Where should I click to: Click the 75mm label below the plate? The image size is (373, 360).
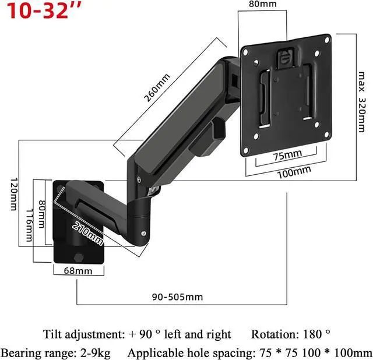click(x=287, y=154)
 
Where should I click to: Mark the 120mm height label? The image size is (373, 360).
click(x=13, y=195)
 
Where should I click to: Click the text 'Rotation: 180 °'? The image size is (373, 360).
click(x=291, y=334)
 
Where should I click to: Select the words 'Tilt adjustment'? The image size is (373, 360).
click(x=83, y=334)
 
